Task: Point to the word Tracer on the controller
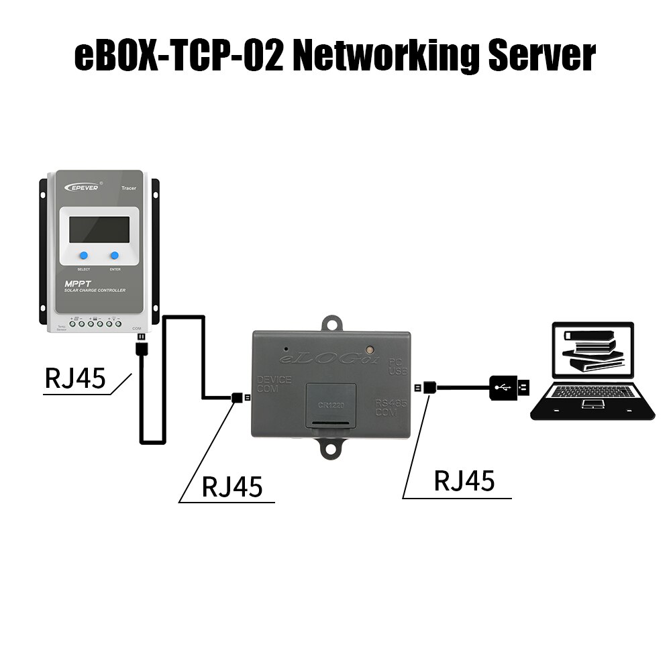point(128,189)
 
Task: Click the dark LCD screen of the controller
point(99,229)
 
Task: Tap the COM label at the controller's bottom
point(138,329)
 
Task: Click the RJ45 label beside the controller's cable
point(75,378)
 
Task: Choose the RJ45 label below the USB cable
point(464,481)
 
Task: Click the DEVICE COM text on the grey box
point(274,384)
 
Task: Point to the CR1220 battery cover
point(331,405)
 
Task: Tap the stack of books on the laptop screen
point(587,349)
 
